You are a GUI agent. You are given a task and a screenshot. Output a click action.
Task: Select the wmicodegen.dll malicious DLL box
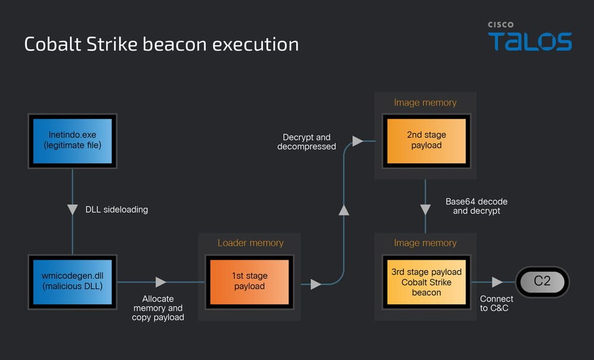pos(72,281)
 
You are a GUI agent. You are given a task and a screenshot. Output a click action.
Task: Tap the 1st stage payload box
pos(249,281)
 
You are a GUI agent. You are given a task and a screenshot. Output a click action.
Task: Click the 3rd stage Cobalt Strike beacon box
pos(426,282)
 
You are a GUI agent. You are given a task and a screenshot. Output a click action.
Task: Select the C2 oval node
pos(542,282)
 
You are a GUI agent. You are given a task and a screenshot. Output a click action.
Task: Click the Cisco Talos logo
pos(530,37)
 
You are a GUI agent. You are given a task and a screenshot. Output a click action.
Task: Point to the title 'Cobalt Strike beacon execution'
pos(161,45)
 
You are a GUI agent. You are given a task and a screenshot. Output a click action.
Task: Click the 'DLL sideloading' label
pos(116,210)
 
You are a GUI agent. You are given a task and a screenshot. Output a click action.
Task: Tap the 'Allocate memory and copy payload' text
pos(158,308)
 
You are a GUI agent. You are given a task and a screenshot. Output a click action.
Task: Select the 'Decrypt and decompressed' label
pos(307,142)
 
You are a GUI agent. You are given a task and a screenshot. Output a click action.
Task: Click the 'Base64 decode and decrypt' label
pos(476,206)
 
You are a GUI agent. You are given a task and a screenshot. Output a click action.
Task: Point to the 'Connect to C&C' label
pos(497,303)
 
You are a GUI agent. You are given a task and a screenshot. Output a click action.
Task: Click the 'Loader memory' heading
pos(250,243)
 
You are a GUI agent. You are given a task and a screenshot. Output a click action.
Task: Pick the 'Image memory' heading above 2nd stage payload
pos(425,103)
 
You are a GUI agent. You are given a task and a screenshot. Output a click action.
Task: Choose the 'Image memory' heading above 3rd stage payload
pos(425,243)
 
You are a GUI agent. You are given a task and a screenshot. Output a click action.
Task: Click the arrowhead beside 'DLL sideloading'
pos(72,210)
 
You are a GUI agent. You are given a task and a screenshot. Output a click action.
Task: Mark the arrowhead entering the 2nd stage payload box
pos(358,141)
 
